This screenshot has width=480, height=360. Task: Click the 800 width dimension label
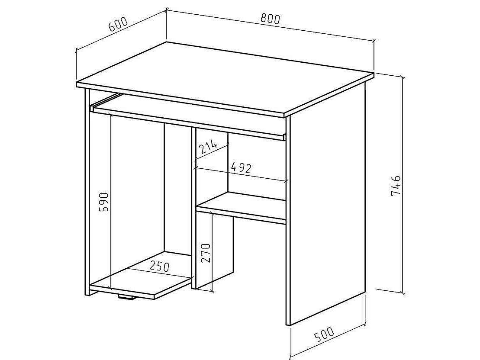[271, 19]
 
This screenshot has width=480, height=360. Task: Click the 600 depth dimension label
[118, 25]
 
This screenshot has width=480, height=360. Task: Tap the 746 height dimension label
[396, 186]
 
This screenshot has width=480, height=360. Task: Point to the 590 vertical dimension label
[104, 202]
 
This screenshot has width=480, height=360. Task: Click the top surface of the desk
[225, 78]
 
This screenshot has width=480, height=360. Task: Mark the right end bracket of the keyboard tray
[285, 137]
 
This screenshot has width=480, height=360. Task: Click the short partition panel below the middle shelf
[214, 250]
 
